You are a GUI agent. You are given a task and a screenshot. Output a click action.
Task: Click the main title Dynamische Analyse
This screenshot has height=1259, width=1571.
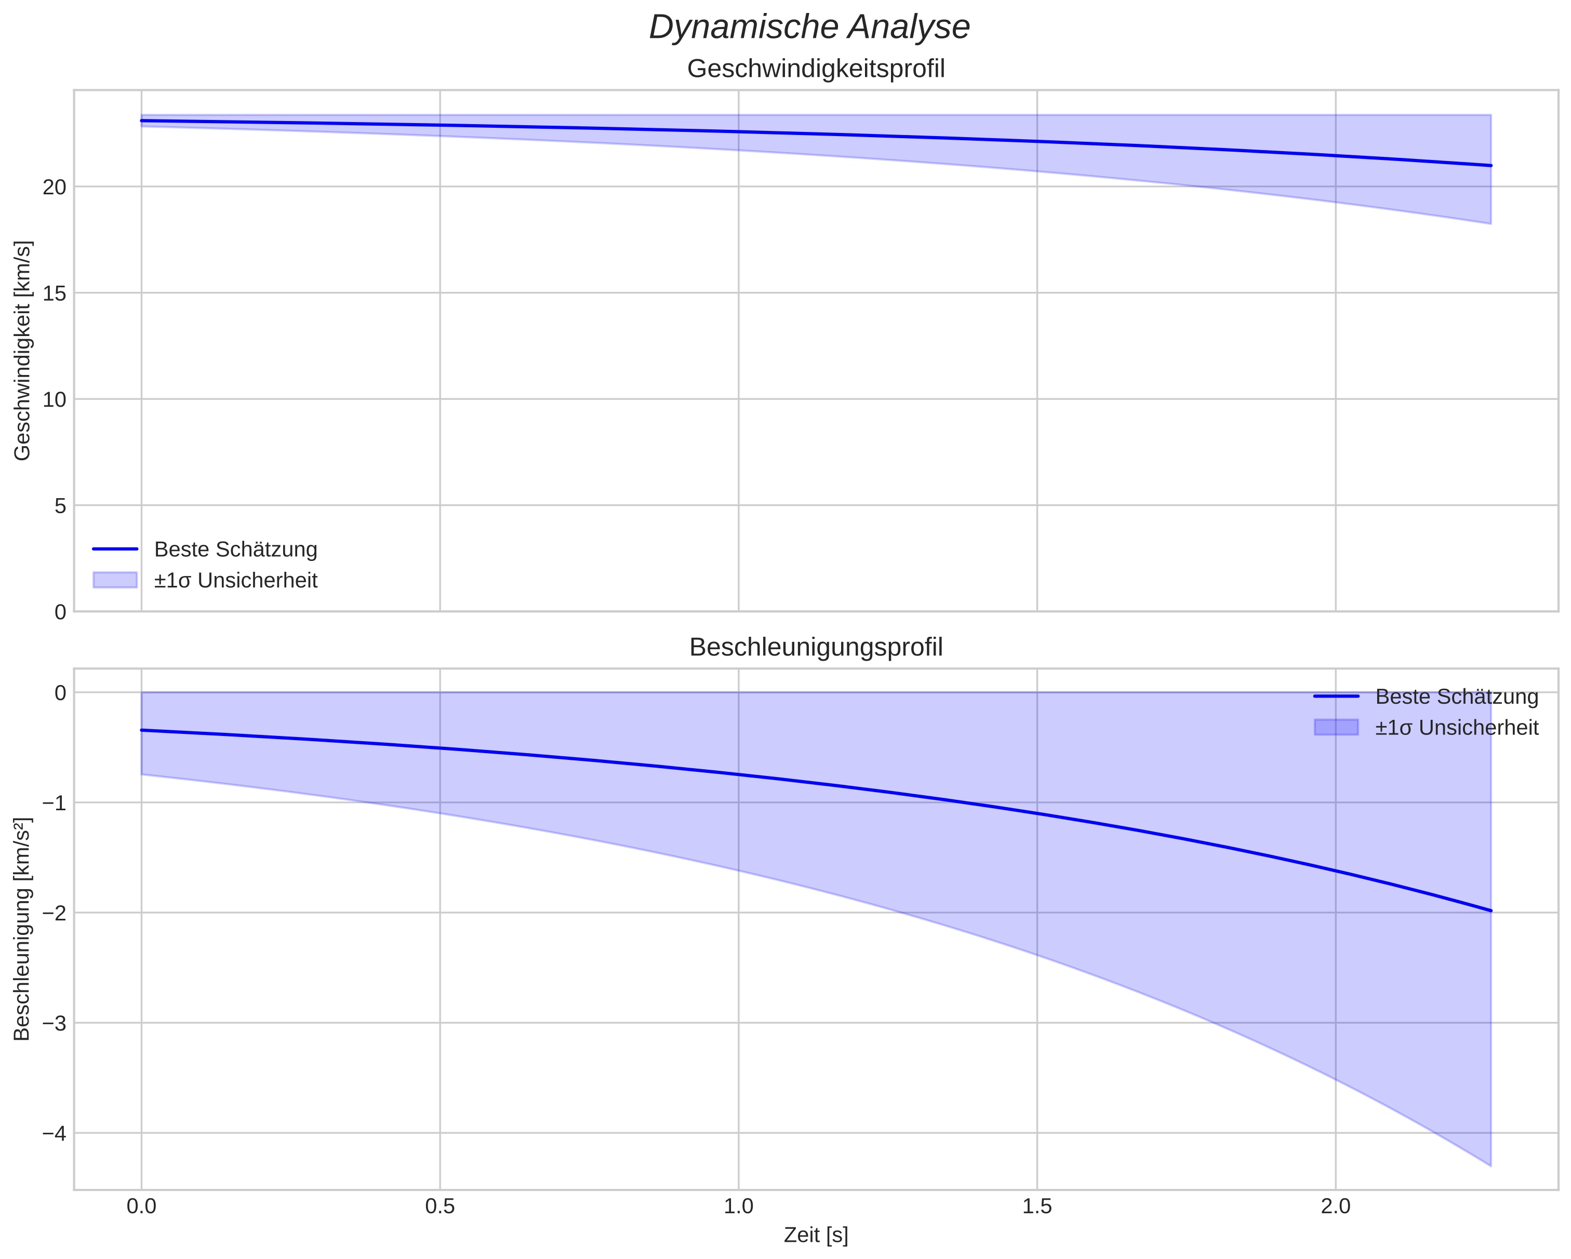click(x=809, y=28)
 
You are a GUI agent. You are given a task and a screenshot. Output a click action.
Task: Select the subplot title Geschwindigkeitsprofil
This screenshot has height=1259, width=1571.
click(x=816, y=69)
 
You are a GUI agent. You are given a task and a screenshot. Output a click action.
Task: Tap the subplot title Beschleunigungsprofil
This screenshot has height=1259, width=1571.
click(x=816, y=647)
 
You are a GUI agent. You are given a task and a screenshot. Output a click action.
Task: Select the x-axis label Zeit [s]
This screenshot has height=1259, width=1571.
click(x=816, y=1235)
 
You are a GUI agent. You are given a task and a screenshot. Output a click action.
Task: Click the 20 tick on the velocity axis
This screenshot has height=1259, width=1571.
click(x=55, y=187)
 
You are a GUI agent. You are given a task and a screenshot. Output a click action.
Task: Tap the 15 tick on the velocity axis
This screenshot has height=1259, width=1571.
click(x=55, y=293)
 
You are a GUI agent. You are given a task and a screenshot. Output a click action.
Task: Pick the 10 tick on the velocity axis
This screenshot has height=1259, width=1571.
click(x=55, y=400)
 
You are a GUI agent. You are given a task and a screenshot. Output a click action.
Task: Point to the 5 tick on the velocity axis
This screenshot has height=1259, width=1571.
click(x=60, y=506)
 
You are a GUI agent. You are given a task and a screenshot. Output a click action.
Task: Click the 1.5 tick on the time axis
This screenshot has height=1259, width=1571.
click(x=1037, y=1207)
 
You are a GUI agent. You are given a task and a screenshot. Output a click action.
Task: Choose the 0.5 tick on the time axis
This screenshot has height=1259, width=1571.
click(x=440, y=1207)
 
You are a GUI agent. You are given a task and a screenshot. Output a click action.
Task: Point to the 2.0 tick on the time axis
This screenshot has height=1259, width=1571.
click(x=1336, y=1207)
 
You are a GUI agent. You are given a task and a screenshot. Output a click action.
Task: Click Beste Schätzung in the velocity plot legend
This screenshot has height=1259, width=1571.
click(x=235, y=550)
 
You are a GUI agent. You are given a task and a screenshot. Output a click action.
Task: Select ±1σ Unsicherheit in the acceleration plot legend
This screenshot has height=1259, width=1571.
click(x=1456, y=728)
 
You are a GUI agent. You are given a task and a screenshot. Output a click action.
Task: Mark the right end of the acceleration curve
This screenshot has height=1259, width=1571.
click(x=1491, y=910)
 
